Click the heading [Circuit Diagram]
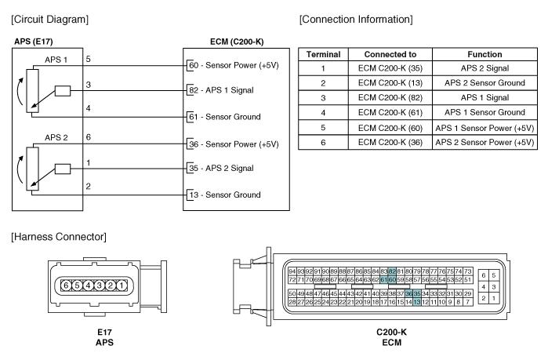tap(49, 20)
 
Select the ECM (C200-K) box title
tap(237, 42)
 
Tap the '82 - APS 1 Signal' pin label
tap(221, 90)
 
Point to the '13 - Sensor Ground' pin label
tap(225, 195)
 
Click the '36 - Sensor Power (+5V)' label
tap(234, 144)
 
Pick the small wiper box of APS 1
tap(63, 91)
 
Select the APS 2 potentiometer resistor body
tap(32, 169)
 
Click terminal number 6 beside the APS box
tap(89, 137)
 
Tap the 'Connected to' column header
tap(390, 55)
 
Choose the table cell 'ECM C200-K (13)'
tap(390, 83)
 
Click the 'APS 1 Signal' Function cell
tap(484, 97)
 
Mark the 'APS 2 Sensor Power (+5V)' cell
tap(484, 142)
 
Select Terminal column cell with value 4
tap(323, 112)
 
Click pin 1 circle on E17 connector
tap(122, 285)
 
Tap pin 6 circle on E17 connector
tap(66, 285)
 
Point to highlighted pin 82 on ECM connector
tap(392, 271)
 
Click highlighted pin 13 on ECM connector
tap(416, 302)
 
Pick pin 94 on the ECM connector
tap(292, 271)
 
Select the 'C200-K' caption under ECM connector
tap(391, 332)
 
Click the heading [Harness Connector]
tap(59, 237)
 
